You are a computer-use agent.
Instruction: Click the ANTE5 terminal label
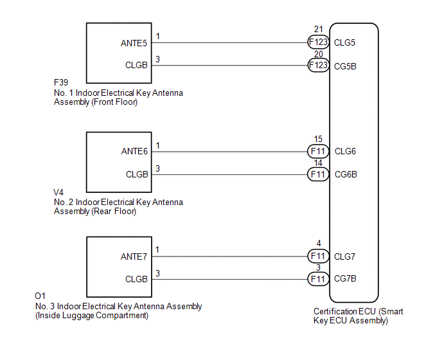(134, 43)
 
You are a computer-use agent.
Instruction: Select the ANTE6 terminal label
(134, 152)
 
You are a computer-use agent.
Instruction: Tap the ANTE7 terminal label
(134, 256)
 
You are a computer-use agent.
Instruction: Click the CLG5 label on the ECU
(344, 42)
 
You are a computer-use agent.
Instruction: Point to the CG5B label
(345, 66)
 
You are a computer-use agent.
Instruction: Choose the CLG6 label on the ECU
(345, 152)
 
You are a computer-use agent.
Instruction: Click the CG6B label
(346, 174)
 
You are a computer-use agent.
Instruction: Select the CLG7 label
(344, 256)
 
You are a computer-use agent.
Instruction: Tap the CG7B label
(345, 279)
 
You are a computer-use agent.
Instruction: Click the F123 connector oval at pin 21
(318, 42)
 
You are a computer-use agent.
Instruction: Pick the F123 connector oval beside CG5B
(318, 65)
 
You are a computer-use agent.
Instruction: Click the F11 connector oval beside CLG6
(318, 152)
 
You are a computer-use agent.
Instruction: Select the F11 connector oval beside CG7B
(318, 279)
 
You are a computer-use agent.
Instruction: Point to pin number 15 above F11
(318, 139)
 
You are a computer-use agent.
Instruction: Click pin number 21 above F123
(318, 29)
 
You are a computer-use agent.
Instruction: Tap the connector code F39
(61, 82)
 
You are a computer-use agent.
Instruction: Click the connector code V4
(58, 192)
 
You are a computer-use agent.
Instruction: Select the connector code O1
(40, 296)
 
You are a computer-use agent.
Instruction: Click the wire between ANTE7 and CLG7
(229, 256)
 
